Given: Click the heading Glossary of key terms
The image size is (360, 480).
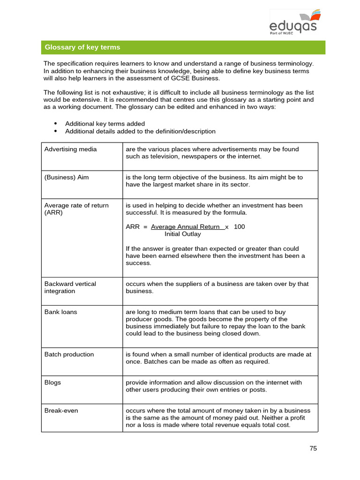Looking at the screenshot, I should pyautogui.click(x=82, y=47).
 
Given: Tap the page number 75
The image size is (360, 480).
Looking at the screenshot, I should pyautogui.click(x=313, y=448).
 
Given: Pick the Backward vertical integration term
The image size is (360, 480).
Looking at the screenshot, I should pyautogui.click(x=70, y=287).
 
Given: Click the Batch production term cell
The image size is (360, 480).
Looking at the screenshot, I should pyautogui.click(x=69, y=354).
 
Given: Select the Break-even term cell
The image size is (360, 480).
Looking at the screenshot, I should pyautogui.click(x=61, y=411).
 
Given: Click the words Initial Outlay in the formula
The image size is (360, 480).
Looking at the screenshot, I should pyautogui.click(x=182, y=234).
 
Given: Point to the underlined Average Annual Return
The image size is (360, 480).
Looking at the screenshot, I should pyautogui.click(x=186, y=227).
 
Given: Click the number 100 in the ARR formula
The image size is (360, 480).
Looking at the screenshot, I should pyautogui.click(x=239, y=227).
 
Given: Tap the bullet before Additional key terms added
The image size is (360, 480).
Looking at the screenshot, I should pyautogui.click(x=55, y=123).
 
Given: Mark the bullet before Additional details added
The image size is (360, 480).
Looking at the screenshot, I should pyautogui.click(x=55, y=131).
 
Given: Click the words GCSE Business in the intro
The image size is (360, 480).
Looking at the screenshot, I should pyautogui.click(x=199, y=78).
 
